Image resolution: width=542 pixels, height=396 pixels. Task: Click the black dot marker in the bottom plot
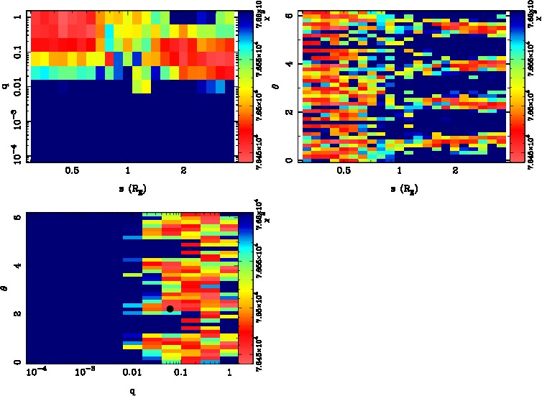click(170, 308)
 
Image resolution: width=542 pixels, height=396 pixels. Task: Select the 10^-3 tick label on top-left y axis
click(17, 121)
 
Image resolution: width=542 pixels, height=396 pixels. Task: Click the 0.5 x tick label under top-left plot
click(72, 170)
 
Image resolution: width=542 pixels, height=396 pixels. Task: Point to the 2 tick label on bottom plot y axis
click(17, 315)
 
